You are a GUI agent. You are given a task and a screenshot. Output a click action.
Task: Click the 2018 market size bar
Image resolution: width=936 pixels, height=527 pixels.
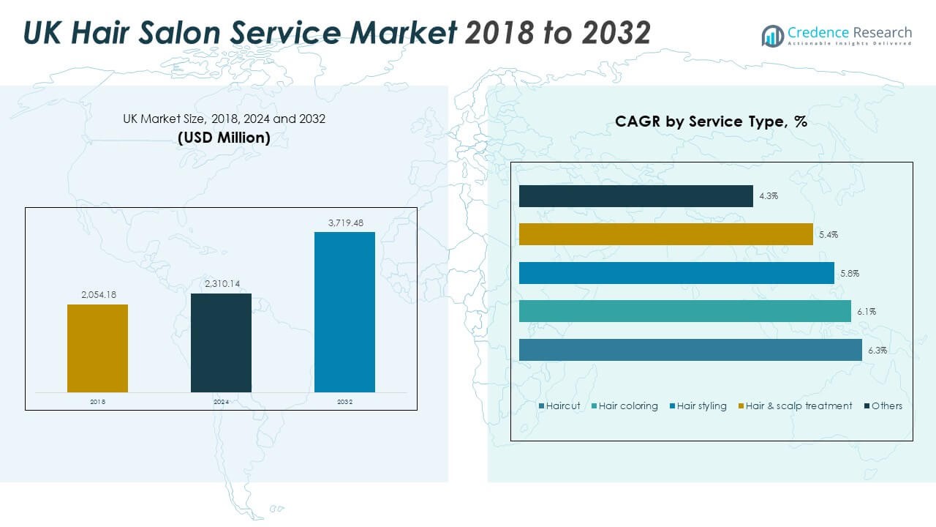(x=97, y=348)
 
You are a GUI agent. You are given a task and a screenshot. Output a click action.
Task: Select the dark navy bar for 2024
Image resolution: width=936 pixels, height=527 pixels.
(x=221, y=343)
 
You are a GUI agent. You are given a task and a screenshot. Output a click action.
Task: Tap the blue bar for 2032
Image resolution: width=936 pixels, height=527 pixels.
(x=344, y=312)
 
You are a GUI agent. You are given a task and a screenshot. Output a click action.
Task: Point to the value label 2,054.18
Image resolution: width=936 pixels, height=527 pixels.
(x=97, y=294)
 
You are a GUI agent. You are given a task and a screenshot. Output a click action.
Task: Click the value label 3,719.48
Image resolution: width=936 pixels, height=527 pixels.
(x=344, y=223)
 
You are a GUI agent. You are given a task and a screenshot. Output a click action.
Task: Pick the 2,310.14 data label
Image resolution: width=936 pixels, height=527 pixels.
(x=221, y=284)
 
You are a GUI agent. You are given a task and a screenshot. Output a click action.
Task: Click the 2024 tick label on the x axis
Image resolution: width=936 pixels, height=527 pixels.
(x=221, y=402)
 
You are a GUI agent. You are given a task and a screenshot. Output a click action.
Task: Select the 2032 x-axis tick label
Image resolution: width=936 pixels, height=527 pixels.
(x=344, y=402)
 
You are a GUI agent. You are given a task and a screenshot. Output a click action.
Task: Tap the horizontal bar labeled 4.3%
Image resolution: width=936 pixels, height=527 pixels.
(x=635, y=196)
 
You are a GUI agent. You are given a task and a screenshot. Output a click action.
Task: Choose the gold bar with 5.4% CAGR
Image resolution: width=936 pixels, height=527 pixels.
(x=665, y=234)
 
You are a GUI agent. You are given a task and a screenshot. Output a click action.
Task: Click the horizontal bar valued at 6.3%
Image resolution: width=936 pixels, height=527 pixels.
(x=690, y=350)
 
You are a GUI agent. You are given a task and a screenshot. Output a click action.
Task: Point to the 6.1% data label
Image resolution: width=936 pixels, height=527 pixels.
(x=867, y=312)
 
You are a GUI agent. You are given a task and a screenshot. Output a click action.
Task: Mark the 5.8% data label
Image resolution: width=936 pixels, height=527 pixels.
(x=850, y=273)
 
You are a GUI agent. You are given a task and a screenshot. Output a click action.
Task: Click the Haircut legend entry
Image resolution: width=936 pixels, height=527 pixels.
(x=559, y=405)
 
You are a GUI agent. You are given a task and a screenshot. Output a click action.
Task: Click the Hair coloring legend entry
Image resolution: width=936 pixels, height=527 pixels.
(x=624, y=405)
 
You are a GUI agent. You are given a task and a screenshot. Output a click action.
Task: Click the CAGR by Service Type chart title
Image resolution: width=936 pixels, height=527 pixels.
(x=711, y=122)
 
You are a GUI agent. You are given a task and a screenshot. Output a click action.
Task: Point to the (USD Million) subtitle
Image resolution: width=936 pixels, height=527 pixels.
(x=224, y=138)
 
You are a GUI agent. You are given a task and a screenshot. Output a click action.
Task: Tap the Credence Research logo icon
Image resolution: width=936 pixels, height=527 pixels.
(x=772, y=35)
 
